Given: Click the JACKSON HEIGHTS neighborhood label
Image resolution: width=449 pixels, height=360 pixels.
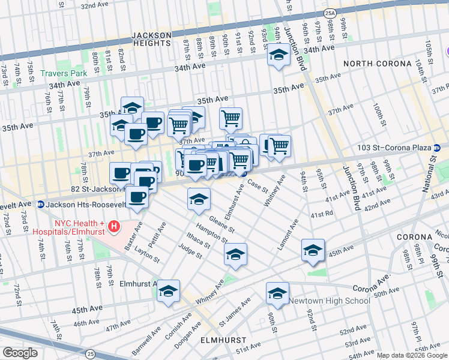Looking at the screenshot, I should click(x=143, y=39).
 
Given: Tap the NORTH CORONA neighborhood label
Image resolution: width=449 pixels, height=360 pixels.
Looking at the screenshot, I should click(x=377, y=64).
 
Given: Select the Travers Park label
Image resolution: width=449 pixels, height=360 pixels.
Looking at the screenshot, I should click(x=63, y=74).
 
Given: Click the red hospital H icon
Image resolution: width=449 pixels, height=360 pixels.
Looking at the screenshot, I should click(x=114, y=226).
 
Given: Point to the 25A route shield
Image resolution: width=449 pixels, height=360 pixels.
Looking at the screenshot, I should click(x=330, y=12).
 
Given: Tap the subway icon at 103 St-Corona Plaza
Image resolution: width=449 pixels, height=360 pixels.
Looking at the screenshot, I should click(x=438, y=148).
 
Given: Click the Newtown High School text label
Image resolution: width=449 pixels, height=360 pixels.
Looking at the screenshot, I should click(x=329, y=301).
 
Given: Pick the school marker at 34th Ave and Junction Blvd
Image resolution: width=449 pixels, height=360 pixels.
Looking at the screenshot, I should click(x=278, y=55).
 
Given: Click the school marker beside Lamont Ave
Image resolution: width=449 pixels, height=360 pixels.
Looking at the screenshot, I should click(x=313, y=250).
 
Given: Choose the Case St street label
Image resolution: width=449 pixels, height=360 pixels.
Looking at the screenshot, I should click(x=257, y=187).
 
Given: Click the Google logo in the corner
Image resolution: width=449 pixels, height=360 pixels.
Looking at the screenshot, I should click(x=20, y=353).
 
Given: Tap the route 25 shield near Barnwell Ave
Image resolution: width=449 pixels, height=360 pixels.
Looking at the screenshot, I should click(x=89, y=355).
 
